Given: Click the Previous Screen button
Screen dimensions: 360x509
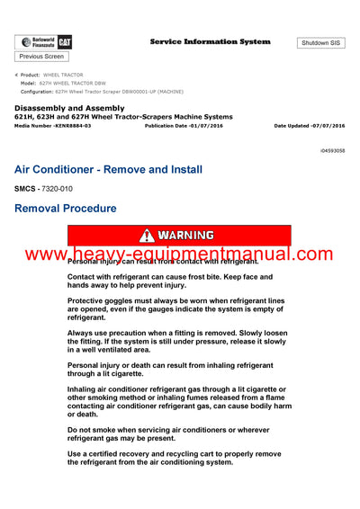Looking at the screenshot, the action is (40, 57).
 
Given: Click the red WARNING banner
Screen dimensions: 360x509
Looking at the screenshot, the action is (179, 236).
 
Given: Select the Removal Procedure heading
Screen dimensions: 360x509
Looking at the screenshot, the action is (66, 208).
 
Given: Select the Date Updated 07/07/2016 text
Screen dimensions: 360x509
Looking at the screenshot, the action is (309, 126).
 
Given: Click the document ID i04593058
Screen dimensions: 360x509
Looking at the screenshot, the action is (332, 151).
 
